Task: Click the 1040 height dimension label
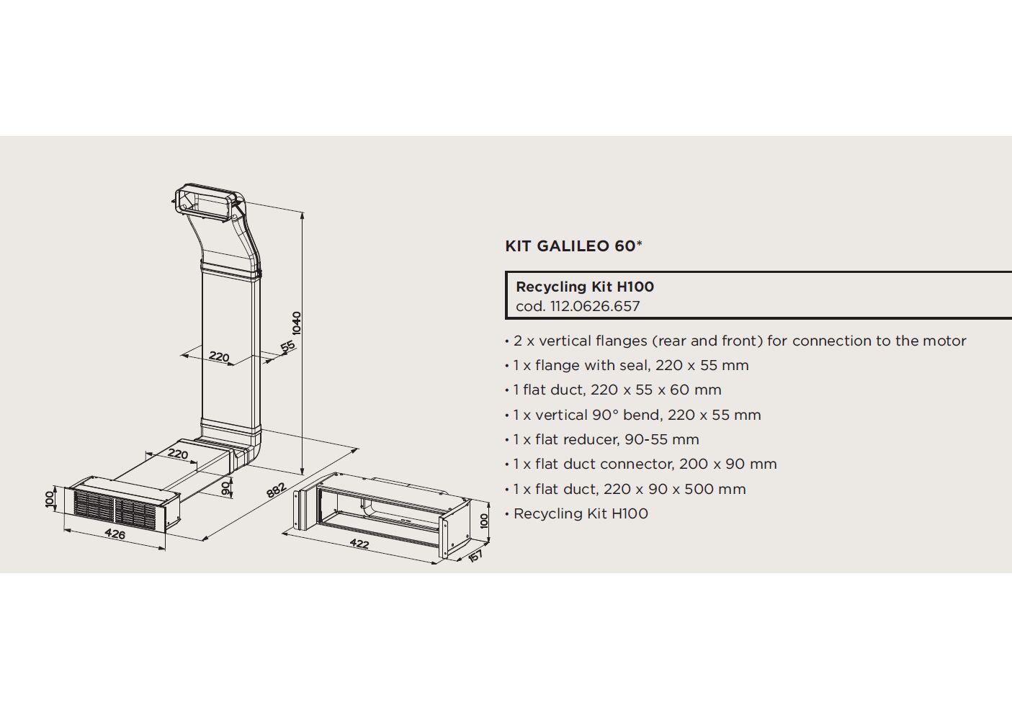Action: pos(296,323)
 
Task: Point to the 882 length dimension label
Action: pos(276,490)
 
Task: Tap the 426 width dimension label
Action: pos(115,534)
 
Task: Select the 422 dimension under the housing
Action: pos(359,544)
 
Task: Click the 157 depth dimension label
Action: pos(475,555)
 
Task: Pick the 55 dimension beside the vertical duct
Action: pos(288,346)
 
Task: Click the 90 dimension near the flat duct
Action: pos(225,488)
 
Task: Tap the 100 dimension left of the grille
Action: pos(50,499)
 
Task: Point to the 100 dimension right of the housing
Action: pos(484,521)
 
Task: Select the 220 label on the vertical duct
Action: pos(219,356)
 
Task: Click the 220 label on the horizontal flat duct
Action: pos(178,454)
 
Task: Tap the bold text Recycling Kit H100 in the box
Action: pos(585,287)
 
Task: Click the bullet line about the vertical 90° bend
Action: pos(633,415)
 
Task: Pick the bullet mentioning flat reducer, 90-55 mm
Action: pos(601,439)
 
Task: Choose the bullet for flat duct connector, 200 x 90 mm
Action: pos(640,464)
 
